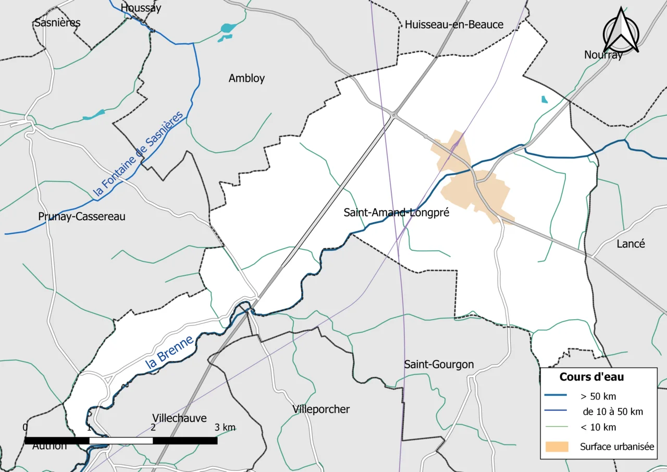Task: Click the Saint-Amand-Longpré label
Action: [397, 213]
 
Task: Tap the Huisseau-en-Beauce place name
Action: [454, 25]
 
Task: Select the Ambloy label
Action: [246, 78]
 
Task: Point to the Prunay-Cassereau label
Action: [82, 216]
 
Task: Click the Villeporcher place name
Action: [321, 409]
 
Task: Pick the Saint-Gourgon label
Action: [439, 364]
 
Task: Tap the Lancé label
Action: [631, 244]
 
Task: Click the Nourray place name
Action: [603, 55]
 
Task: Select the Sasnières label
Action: [57, 23]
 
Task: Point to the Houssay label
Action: [141, 8]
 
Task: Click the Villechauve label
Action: [179, 418]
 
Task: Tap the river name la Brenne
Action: [169, 354]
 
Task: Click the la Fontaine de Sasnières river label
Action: [139, 155]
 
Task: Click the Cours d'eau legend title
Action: [591, 377]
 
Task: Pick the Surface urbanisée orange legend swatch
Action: [557, 446]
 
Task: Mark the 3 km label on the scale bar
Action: [225, 428]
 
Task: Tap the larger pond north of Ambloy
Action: [228, 28]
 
